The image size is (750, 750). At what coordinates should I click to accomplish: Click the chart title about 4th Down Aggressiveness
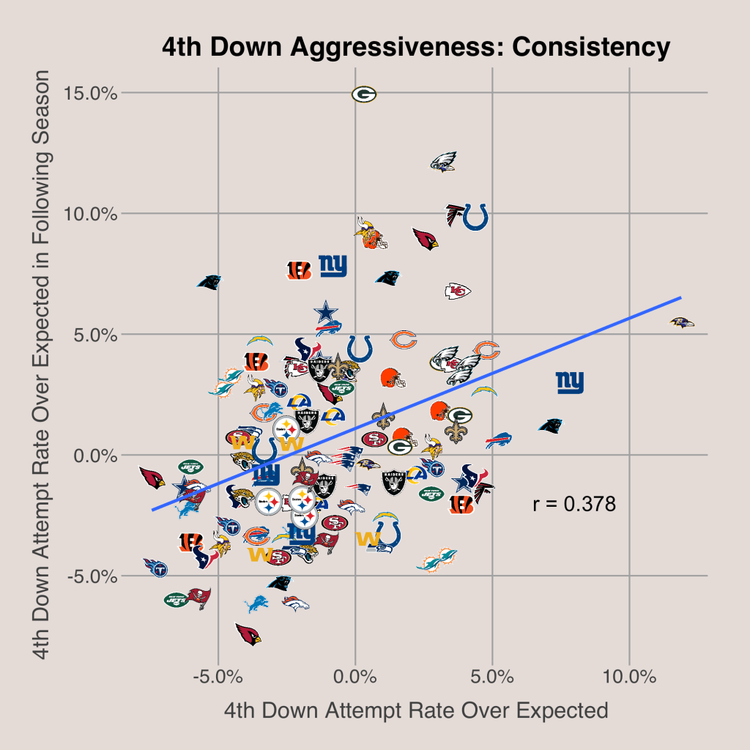click(416, 48)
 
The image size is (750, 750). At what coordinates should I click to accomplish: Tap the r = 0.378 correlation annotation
click(573, 504)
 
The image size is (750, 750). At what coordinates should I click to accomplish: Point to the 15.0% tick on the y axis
click(90, 93)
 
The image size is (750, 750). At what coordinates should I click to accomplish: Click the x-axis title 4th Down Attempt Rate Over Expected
click(416, 710)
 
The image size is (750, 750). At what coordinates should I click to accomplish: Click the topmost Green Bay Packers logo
click(364, 94)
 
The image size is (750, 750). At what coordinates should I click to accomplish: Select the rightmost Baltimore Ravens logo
click(682, 322)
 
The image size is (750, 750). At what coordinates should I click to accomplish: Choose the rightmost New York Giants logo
click(570, 382)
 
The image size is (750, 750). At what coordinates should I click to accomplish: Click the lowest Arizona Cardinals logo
click(248, 634)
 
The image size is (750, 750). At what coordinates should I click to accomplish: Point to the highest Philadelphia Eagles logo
click(443, 162)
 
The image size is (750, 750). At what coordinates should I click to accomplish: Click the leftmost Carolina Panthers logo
click(209, 282)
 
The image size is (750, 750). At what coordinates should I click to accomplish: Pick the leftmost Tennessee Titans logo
click(155, 568)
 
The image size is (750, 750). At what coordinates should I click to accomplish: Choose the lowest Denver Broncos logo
click(295, 604)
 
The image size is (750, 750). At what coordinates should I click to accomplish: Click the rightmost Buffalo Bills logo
click(498, 441)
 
